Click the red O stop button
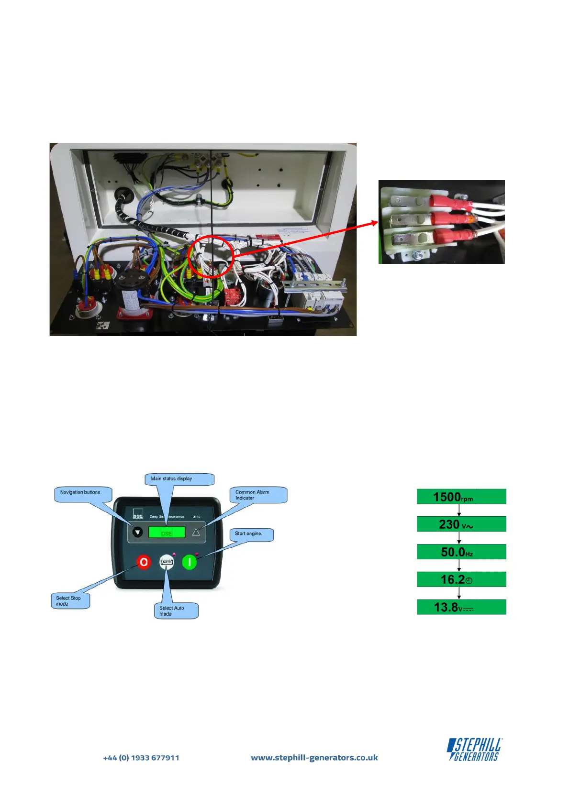pyautogui.click(x=144, y=562)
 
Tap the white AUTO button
pyautogui.click(x=167, y=562)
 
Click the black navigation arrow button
pyautogui.click(x=138, y=532)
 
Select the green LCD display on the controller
pyautogui.click(x=167, y=532)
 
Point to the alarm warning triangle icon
pyautogui.click(x=196, y=532)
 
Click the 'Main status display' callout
pyautogui.click(x=179, y=479)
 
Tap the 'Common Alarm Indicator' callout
pyautogui.click(x=258, y=495)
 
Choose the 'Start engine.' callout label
pyautogui.click(x=252, y=534)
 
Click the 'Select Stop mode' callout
pyautogui.click(x=70, y=601)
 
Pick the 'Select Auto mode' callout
pyautogui.click(x=176, y=611)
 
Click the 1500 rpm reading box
pyautogui.click(x=461, y=497)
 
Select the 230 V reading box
pyautogui.click(x=461, y=524)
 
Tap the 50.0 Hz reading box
pyautogui.click(x=461, y=552)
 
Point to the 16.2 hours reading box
pyautogui.click(x=461, y=579)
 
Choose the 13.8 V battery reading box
pyautogui.click(x=461, y=607)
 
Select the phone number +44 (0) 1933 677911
pyautogui.click(x=141, y=758)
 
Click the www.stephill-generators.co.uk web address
pyautogui.click(x=314, y=758)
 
